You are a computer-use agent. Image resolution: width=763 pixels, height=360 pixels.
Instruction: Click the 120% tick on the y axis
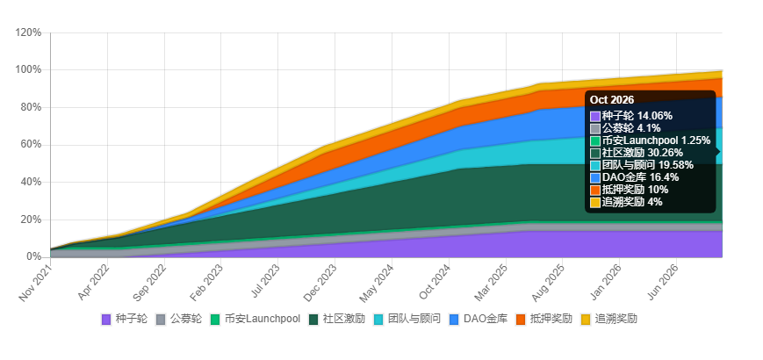pyautogui.click(x=28, y=32)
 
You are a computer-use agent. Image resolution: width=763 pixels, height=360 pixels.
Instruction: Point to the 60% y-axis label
pyautogui.click(x=31, y=145)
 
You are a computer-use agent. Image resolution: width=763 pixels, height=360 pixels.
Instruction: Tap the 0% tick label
pyautogui.click(x=33, y=256)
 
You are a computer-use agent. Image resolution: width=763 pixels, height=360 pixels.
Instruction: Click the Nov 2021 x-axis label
pyautogui.click(x=33, y=282)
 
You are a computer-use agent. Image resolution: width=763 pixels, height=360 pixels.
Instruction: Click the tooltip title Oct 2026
pyautogui.click(x=612, y=100)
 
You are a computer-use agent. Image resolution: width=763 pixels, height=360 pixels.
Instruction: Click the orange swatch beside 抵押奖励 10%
pyautogui.click(x=595, y=190)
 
